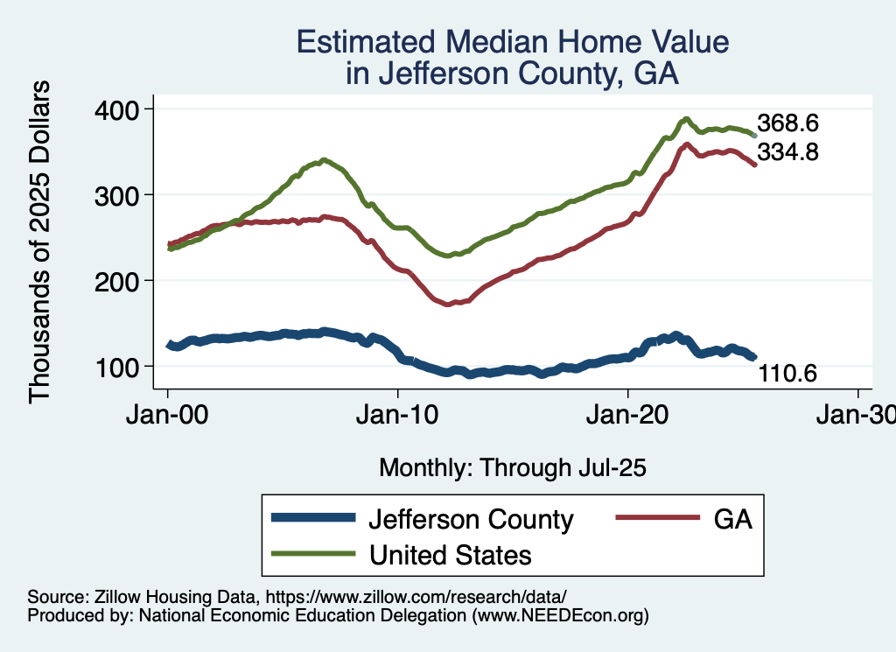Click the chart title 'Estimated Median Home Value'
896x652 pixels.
(x=512, y=43)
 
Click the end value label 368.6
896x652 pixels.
(x=787, y=123)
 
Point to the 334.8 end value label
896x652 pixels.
(x=787, y=152)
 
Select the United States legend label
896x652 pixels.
(x=450, y=554)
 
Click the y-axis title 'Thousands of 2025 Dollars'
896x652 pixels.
(x=40, y=242)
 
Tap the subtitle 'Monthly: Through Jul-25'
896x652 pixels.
(x=512, y=468)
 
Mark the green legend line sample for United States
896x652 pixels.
(x=313, y=554)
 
